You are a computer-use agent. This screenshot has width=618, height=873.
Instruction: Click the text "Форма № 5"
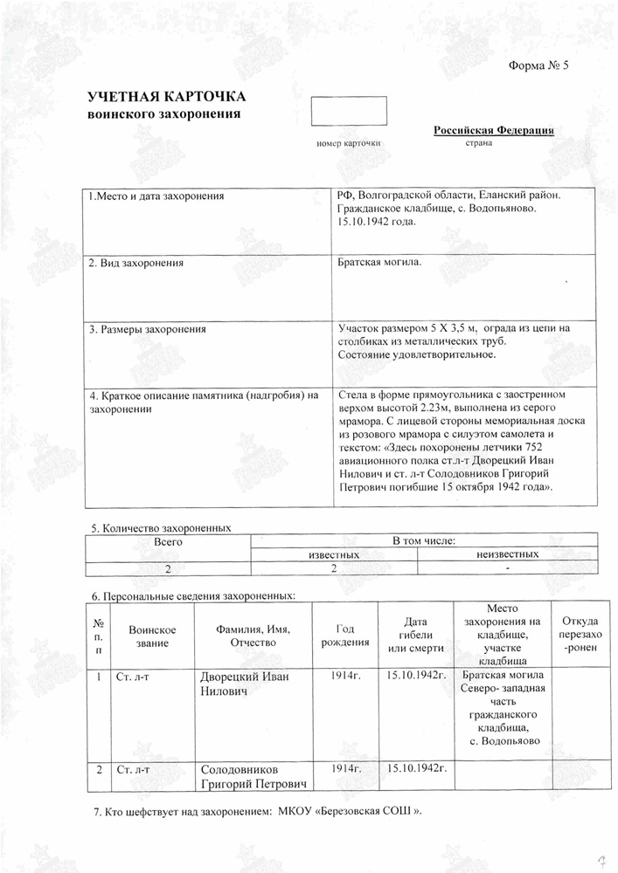coord(538,68)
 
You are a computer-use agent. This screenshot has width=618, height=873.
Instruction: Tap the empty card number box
coord(349,110)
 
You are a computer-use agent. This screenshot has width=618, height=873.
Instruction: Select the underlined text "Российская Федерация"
coord(494,130)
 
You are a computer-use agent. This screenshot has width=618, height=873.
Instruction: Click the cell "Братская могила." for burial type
coord(379,262)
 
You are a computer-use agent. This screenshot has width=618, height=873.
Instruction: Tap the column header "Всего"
coord(167,541)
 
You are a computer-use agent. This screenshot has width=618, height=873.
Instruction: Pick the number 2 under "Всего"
coord(167,569)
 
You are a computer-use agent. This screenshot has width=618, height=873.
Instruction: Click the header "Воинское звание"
coord(152,636)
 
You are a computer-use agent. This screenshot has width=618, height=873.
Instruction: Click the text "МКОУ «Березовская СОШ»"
coord(350,813)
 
